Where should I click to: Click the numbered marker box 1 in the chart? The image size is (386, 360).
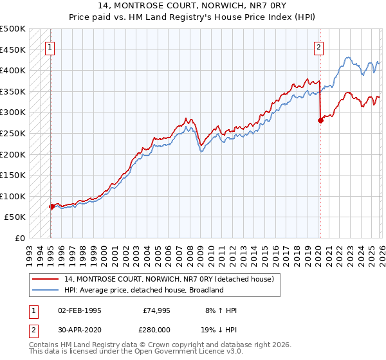50,46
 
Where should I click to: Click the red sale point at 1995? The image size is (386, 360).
51,206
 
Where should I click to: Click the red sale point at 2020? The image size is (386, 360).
320,120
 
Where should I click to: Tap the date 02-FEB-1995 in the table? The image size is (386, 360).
79,310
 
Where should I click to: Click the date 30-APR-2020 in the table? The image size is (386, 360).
79,332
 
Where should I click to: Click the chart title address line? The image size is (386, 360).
193,7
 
